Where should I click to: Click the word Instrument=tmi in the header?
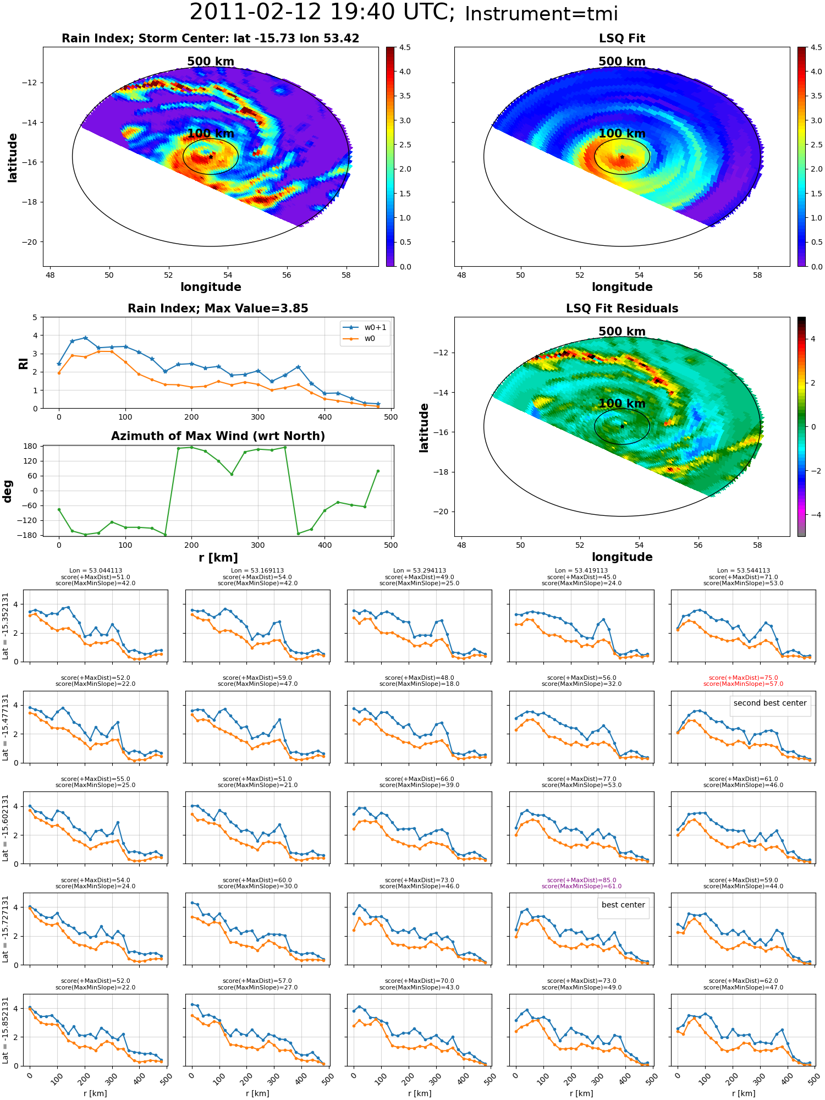[541, 14]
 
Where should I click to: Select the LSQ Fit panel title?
[621, 38]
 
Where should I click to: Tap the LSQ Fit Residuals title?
[621, 309]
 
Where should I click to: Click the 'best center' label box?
[623, 905]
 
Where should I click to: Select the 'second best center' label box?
[770, 703]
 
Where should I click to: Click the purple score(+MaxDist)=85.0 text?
[581, 880]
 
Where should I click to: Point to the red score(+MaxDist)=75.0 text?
[743, 678]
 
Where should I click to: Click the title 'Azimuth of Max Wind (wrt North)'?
[218, 436]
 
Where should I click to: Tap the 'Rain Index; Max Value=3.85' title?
[218, 309]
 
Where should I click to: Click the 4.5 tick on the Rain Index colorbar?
[405, 48]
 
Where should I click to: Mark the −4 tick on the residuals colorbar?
[813, 515]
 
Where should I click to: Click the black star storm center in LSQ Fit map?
[622, 157]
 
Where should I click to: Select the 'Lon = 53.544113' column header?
[743, 571]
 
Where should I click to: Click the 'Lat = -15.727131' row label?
[5, 929]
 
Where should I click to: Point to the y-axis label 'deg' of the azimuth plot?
[8, 491]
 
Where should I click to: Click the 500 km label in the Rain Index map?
[211, 62]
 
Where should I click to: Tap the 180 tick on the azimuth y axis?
[31, 446]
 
